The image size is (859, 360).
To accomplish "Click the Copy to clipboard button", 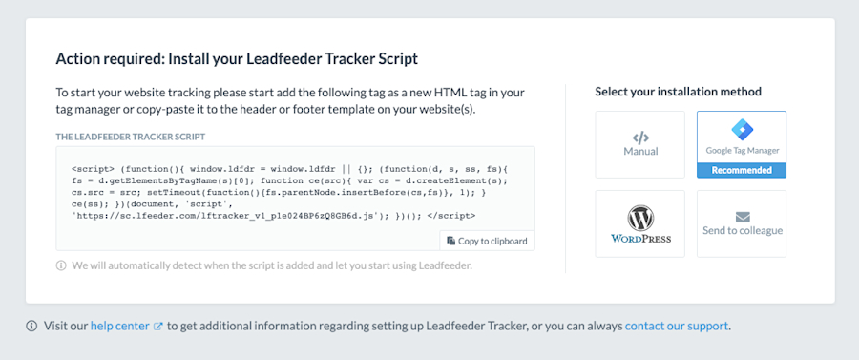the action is (x=487, y=241).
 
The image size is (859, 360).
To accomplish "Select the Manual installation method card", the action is (x=639, y=144).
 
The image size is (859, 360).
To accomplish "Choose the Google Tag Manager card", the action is (x=742, y=144).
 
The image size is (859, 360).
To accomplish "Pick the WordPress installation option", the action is (x=639, y=223).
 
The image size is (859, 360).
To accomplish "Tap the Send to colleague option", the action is (x=742, y=223).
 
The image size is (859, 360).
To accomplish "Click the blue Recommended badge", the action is (x=742, y=170).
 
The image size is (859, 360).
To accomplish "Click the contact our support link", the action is (x=678, y=326).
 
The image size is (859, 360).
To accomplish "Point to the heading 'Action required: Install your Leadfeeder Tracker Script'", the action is (x=237, y=58).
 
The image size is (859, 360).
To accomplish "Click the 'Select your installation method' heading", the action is (x=678, y=92).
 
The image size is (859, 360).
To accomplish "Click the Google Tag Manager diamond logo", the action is (x=742, y=130).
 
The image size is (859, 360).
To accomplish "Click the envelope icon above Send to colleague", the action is (x=742, y=217).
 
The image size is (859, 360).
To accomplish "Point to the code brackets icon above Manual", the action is (x=639, y=138).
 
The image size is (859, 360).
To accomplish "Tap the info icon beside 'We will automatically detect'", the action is (x=61, y=265).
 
